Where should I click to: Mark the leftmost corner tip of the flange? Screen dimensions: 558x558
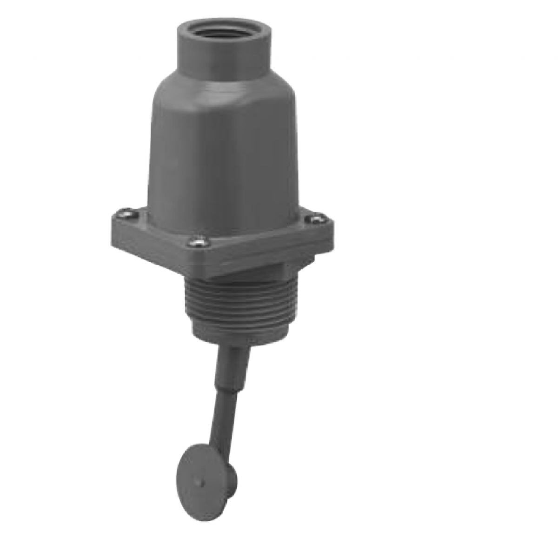click(x=110, y=219)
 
